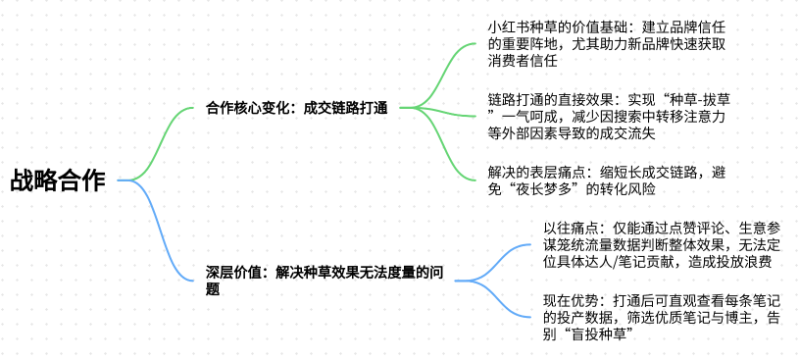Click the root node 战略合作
point(58,180)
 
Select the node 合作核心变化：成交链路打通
point(296,108)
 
